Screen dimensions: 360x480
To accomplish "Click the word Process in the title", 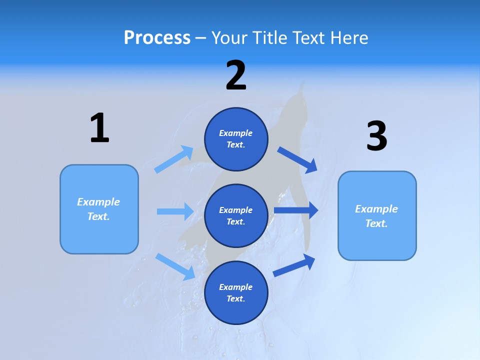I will (x=157, y=38).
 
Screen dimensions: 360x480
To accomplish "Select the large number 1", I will (x=99, y=128).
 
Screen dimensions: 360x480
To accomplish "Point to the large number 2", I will (x=236, y=75).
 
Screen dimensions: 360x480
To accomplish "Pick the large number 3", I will (x=376, y=136).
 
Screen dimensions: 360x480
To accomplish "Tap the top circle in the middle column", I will (x=236, y=139).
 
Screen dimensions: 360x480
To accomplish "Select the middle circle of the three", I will (x=236, y=216).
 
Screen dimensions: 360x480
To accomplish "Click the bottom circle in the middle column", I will (x=236, y=293).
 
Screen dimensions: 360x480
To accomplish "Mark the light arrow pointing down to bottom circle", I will (x=175, y=266).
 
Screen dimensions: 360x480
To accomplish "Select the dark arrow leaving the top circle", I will (x=297, y=159).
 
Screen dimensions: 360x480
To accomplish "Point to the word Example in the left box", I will (x=98, y=202).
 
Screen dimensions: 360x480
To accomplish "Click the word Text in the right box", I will (x=376, y=223).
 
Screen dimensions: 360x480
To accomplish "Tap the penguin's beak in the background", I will (x=301, y=87).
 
